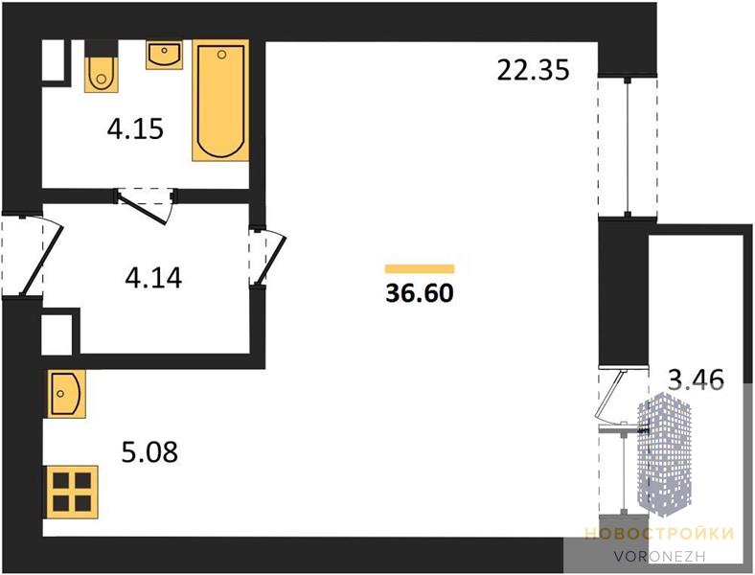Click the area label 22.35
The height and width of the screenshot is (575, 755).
pyautogui.click(x=533, y=70)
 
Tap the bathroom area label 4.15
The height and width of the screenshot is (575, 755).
pyautogui.click(x=135, y=129)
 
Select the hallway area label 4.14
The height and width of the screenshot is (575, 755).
pyautogui.click(x=153, y=278)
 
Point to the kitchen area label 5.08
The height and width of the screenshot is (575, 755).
pyautogui.click(x=149, y=451)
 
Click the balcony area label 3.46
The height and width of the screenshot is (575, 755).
pyautogui.click(x=697, y=379)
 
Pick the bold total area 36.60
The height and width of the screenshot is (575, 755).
pyautogui.click(x=420, y=293)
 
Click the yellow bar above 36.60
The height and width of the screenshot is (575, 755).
pyautogui.click(x=420, y=268)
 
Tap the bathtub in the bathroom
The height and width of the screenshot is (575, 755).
pyautogui.click(x=221, y=101)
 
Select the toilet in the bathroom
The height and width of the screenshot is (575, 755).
pyautogui.click(x=101, y=74)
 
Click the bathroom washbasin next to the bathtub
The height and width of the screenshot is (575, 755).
pyautogui.click(x=164, y=55)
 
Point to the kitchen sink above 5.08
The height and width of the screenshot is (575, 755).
pyautogui.click(x=66, y=394)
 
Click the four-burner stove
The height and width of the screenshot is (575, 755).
pyautogui.click(x=72, y=492)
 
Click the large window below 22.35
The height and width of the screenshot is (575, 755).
pyautogui.click(x=628, y=148)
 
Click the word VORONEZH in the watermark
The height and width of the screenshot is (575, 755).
pyautogui.click(x=659, y=556)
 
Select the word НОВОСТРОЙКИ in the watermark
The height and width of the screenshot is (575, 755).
pyautogui.click(x=659, y=534)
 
